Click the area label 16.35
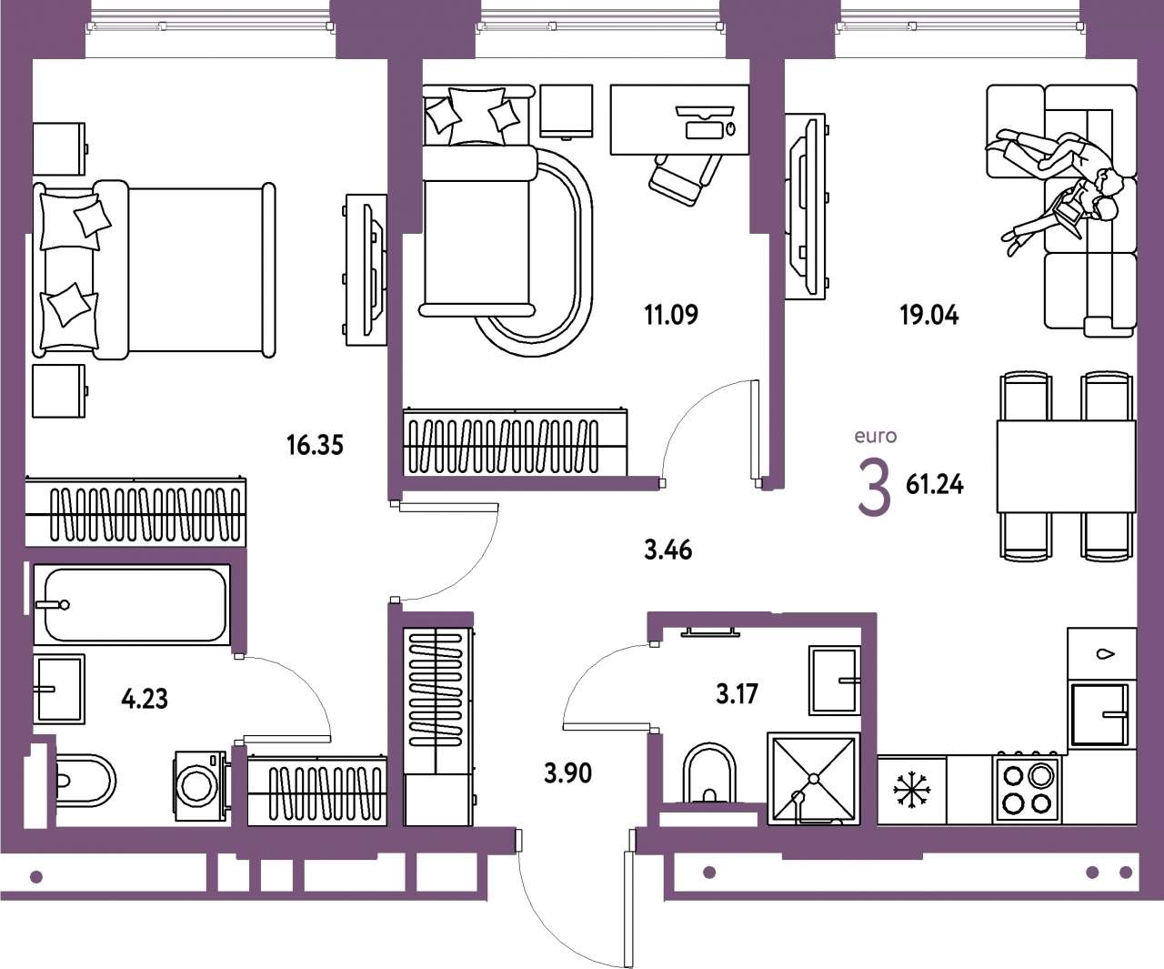coord(315,446)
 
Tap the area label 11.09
coord(671,315)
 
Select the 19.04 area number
coord(929,316)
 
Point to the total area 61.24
coord(934,485)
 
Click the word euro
coord(875,436)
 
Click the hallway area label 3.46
coord(667,550)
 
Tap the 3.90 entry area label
coord(567,773)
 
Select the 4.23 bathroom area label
coord(145,699)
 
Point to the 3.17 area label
coord(737,694)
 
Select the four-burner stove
coord(1027,790)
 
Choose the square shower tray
coord(813,779)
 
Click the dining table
coord(1066,467)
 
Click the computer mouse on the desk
coord(729,129)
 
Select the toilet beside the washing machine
coord(84,781)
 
